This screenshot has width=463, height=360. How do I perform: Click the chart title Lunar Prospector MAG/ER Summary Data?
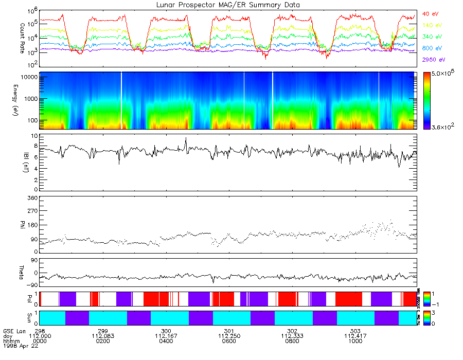[228, 5]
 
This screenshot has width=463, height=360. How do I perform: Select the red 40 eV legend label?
[430, 13]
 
